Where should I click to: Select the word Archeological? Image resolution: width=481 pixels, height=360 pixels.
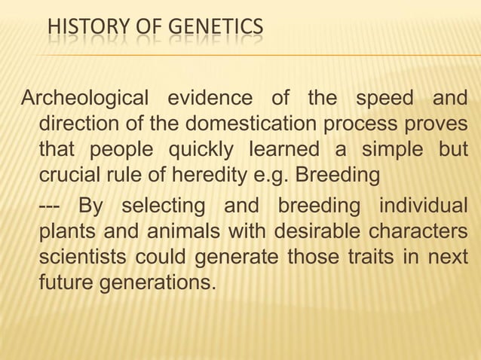84,99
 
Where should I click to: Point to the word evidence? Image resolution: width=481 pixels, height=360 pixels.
205,99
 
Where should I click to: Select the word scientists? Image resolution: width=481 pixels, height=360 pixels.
83,257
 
